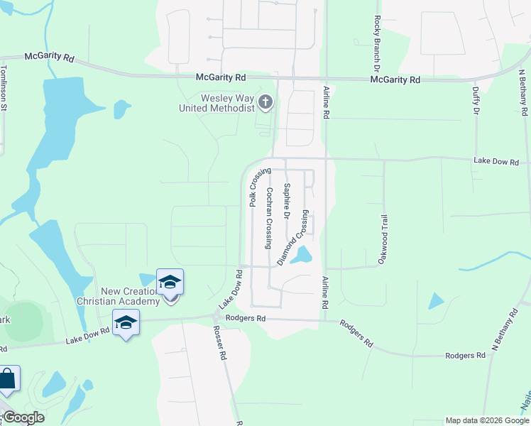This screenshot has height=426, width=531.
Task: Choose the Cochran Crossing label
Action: [270, 217]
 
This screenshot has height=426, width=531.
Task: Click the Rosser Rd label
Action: [223, 344]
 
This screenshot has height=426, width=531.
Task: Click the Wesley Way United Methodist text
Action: [217, 104]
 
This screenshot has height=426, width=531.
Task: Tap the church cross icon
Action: [265, 103]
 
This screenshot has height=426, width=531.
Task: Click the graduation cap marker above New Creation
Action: [170, 282]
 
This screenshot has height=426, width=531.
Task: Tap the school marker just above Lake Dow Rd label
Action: [126, 323]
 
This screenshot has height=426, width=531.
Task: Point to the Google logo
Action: [23, 417]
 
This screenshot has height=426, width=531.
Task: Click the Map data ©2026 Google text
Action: [487, 420]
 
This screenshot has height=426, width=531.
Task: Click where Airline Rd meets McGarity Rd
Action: [327, 79]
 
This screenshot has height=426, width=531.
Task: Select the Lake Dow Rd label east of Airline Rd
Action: [496, 162]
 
